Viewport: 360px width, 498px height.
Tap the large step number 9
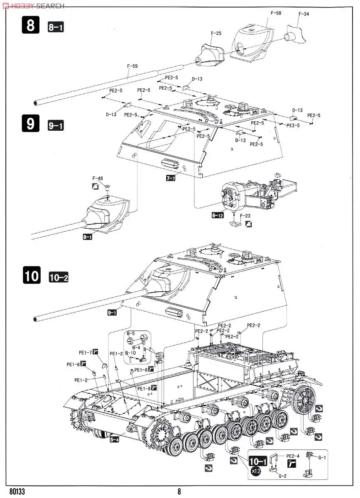[31, 124]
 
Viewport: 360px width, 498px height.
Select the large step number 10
[31, 276]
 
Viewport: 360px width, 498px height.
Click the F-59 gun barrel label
[133, 65]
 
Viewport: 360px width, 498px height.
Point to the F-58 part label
[276, 13]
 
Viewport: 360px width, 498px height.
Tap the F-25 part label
[216, 33]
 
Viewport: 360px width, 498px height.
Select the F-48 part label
[98, 179]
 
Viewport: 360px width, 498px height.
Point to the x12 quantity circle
[256, 471]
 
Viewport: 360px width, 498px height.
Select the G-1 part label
[322, 457]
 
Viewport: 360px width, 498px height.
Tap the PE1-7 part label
[85, 352]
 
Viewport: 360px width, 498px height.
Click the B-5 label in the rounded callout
[131, 333]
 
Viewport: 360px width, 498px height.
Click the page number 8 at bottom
[179, 492]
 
